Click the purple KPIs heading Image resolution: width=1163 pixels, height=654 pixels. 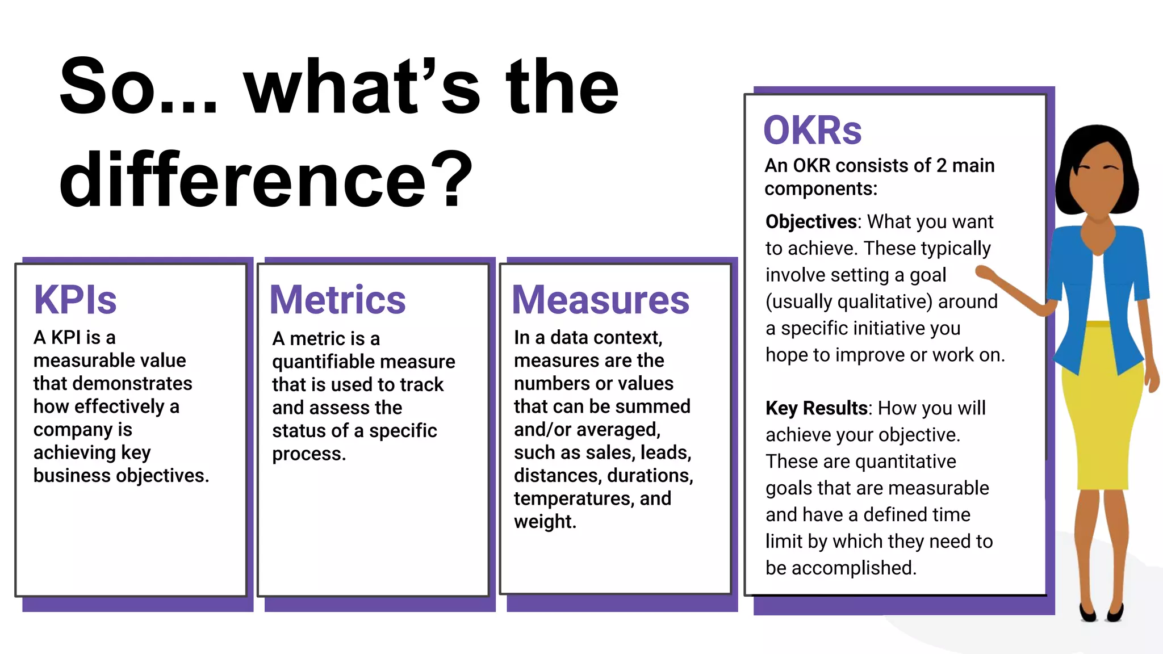click(75, 300)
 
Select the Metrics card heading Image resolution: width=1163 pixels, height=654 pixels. click(338, 300)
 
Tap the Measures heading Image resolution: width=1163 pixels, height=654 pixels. click(600, 300)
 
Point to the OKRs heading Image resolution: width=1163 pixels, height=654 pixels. click(813, 131)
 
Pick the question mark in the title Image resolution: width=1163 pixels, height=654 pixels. click(451, 181)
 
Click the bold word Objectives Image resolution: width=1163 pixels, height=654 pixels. click(811, 221)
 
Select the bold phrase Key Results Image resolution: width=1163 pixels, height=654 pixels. click(816, 408)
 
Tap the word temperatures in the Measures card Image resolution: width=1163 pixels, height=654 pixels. click(574, 498)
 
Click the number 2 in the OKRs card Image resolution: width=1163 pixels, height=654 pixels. click(941, 166)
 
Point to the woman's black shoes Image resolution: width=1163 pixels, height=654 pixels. click(1102, 613)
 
